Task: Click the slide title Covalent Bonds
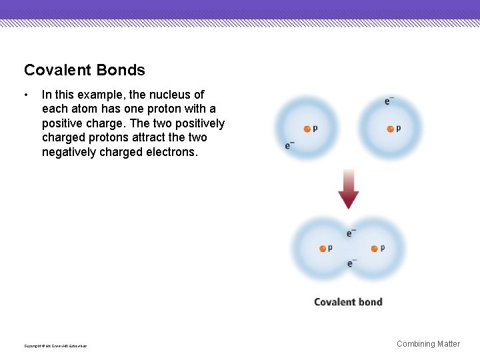(84, 70)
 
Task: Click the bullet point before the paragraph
(25, 95)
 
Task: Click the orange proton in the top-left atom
(307, 129)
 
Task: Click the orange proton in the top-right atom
(391, 129)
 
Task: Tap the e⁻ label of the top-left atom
(289, 145)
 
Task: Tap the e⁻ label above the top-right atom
(389, 101)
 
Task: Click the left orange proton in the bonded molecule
(323, 249)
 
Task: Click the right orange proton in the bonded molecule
(374, 249)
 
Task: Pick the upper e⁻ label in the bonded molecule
(351, 233)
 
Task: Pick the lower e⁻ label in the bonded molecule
(351, 263)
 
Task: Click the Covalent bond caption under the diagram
(348, 302)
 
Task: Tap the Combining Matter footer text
(428, 344)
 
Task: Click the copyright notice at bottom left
(55, 345)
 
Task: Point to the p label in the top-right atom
(399, 128)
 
